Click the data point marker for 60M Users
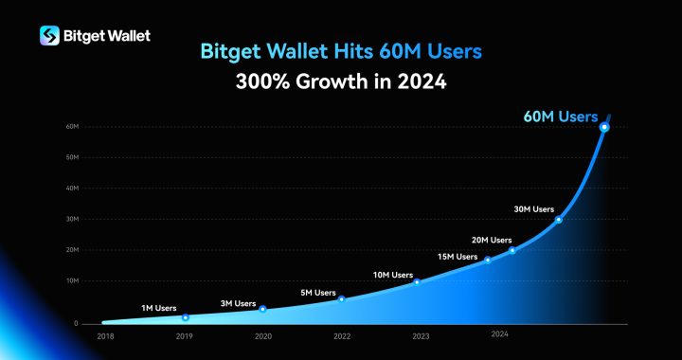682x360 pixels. click(604, 127)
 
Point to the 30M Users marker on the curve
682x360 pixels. click(558, 220)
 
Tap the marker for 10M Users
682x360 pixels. click(417, 282)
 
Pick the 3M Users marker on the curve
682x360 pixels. click(262, 309)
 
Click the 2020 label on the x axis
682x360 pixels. click(262, 334)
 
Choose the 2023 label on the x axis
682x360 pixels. click(421, 334)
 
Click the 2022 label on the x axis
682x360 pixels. click(342, 334)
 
